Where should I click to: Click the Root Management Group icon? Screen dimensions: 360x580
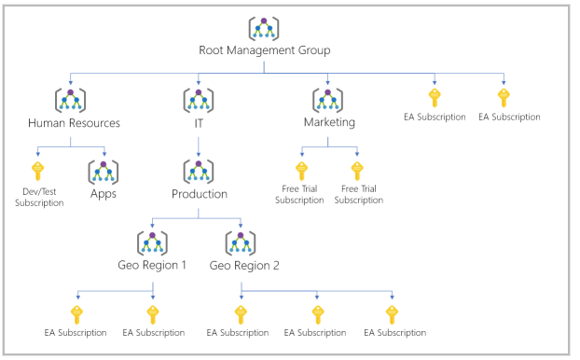[x=264, y=29]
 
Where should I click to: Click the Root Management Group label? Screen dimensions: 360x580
[x=264, y=50]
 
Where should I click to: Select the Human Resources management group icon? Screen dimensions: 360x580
[x=71, y=100]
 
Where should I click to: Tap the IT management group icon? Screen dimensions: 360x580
[x=199, y=100]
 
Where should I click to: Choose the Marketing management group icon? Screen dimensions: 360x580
[x=328, y=100]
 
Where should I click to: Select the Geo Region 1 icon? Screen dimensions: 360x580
[x=152, y=242]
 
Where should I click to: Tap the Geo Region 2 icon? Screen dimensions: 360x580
[x=242, y=242]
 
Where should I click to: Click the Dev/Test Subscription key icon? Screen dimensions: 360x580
[x=38, y=171]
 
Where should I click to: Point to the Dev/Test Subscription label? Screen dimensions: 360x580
[x=39, y=197]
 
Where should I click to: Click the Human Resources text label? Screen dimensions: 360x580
[x=74, y=122]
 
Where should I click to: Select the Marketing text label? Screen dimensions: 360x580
[x=329, y=122]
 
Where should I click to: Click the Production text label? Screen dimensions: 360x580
[x=199, y=194]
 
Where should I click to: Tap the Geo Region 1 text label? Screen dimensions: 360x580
[x=153, y=265]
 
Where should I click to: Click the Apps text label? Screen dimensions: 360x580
[x=104, y=194]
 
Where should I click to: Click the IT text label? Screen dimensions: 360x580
[x=199, y=122]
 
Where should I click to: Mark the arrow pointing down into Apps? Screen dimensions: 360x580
[x=104, y=151]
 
